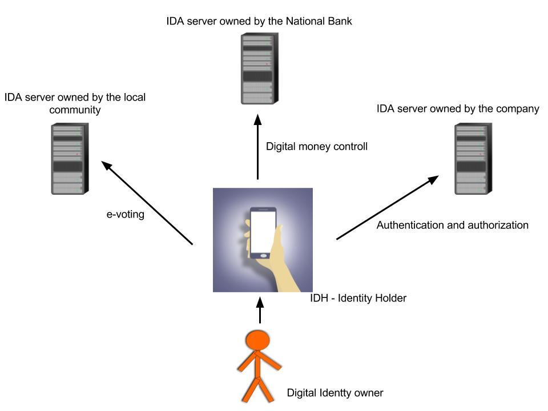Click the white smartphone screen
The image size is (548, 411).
263,228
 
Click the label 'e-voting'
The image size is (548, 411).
125,215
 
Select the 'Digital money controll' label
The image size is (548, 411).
316,147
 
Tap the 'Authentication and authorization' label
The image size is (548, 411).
452,225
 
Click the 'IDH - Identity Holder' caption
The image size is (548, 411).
358,298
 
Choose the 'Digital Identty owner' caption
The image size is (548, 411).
335,393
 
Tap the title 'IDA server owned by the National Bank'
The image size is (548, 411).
259,22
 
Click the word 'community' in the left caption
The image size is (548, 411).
75,110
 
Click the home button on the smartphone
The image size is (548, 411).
263,254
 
